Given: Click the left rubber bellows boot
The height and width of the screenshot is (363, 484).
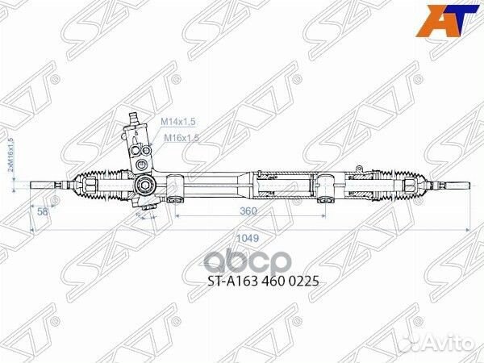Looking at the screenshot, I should tap(98, 183).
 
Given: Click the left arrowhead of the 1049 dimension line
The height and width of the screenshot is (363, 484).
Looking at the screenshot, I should tap(33, 232).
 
